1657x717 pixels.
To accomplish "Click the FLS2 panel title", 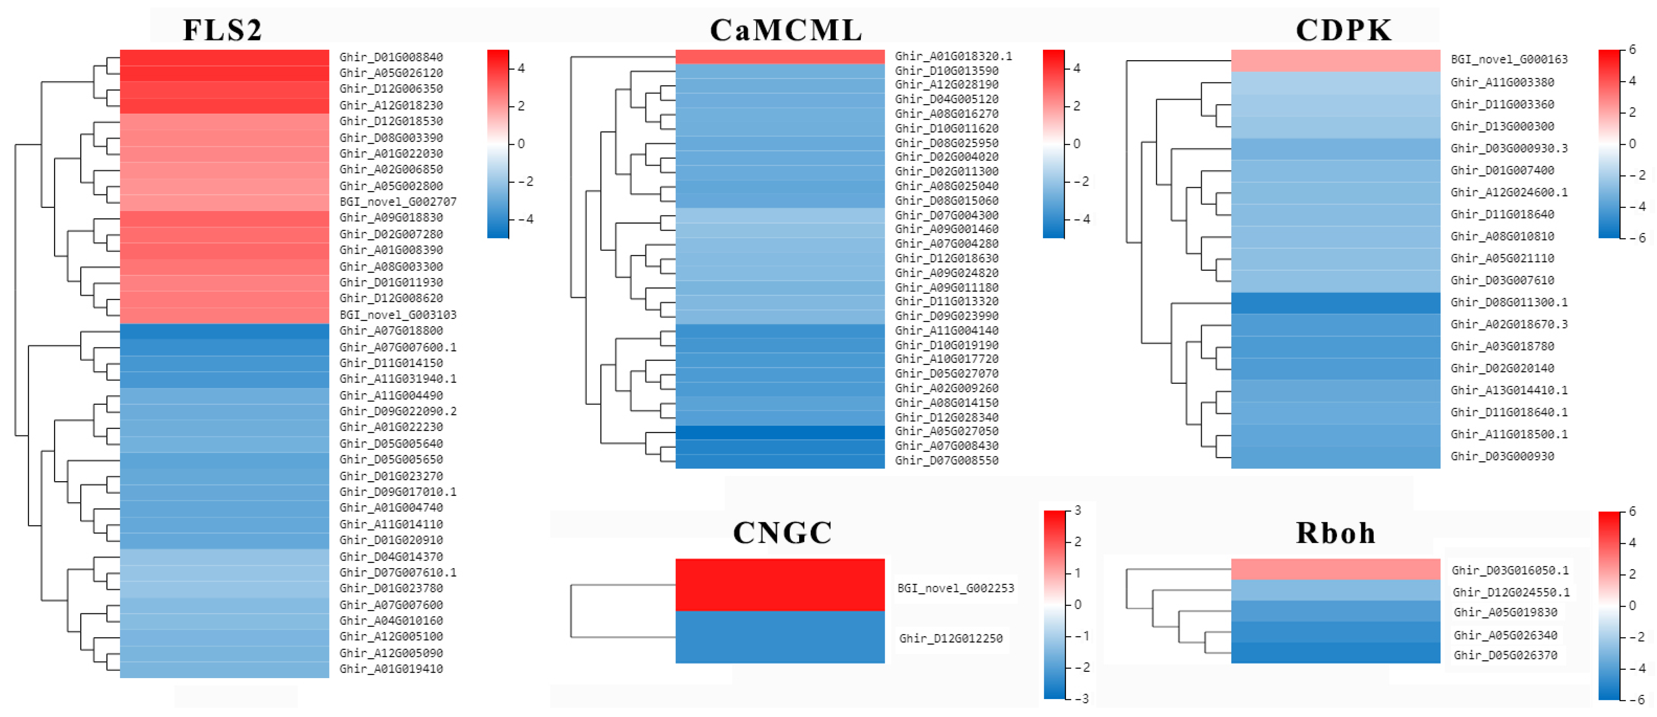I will pyautogui.click(x=223, y=30).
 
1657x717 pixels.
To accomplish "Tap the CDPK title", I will pyautogui.click(x=1343, y=30).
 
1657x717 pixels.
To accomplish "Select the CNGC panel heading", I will pyautogui.click(x=782, y=533).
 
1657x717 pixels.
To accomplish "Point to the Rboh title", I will pyautogui.click(x=1335, y=533).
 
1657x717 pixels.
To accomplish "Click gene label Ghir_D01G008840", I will pyautogui.click(x=391, y=57).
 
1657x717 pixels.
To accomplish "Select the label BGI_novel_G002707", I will pyautogui.click(x=398, y=202).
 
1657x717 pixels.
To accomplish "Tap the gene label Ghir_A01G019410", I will pyautogui.click(x=391, y=669).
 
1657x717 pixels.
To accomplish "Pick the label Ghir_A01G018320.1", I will pyautogui.click(x=953, y=56).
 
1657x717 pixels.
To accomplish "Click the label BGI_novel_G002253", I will pyautogui.click(x=955, y=588).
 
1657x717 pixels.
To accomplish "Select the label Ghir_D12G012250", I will pyautogui.click(x=950, y=638).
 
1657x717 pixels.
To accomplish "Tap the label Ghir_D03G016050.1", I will pyautogui.click(x=1510, y=570).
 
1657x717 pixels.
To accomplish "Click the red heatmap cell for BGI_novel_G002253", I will pyautogui.click(x=779, y=584).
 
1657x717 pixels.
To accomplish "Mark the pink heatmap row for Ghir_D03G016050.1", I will pyautogui.click(x=1335, y=569).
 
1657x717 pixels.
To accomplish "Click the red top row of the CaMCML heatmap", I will pyautogui.click(x=779, y=56).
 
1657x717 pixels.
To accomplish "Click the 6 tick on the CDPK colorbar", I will pyautogui.click(x=1632, y=50).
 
